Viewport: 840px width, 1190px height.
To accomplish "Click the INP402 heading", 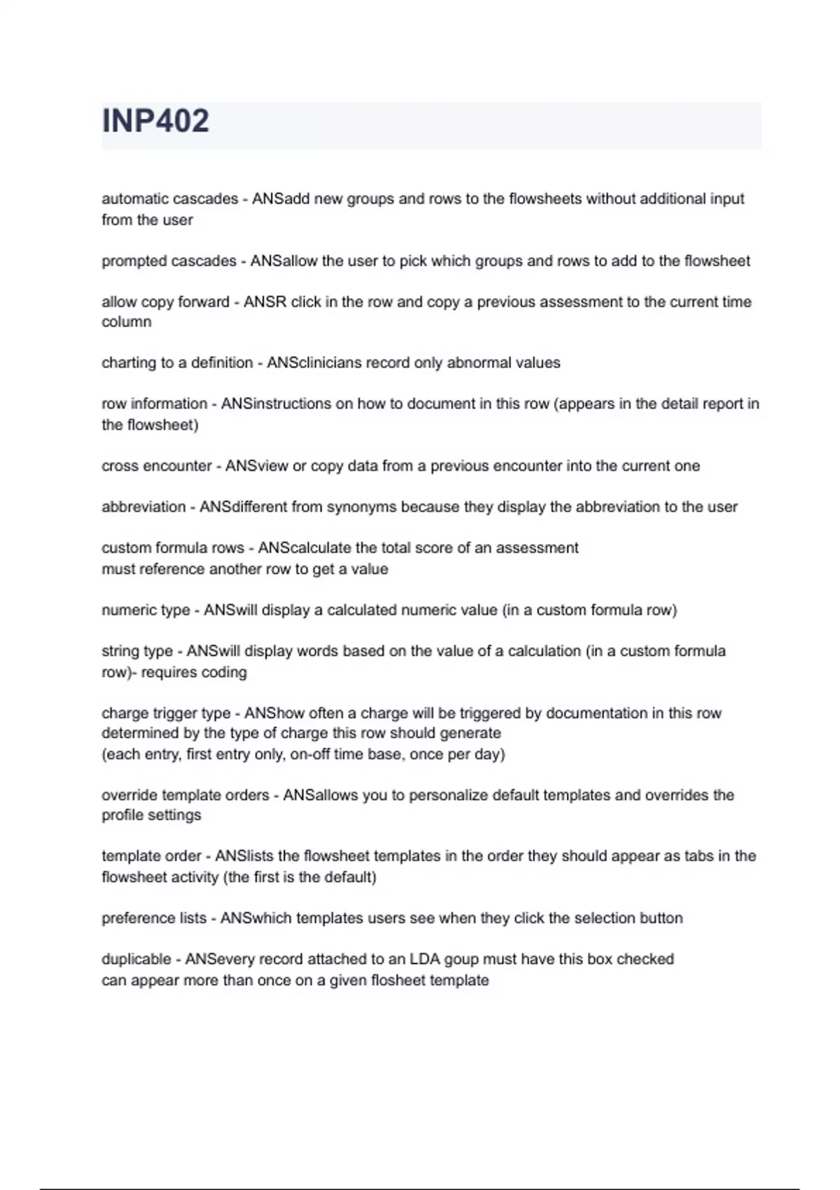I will click(155, 121).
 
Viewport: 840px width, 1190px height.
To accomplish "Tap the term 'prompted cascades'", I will click(169, 261).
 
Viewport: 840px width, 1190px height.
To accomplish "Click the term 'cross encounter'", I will click(156, 466).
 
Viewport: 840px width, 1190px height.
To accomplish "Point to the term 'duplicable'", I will click(136, 959).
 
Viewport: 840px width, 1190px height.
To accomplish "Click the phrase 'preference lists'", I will click(154, 918).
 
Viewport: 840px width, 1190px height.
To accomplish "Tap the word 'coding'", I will click(224, 672).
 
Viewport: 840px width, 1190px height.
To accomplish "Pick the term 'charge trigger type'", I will click(166, 713).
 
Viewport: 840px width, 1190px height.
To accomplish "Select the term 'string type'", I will click(136, 651).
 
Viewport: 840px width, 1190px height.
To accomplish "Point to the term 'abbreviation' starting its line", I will click(143, 507).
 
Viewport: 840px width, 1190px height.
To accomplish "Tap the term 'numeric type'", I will click(146, 610).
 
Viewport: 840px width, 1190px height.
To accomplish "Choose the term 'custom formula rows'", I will click(172, 548).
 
